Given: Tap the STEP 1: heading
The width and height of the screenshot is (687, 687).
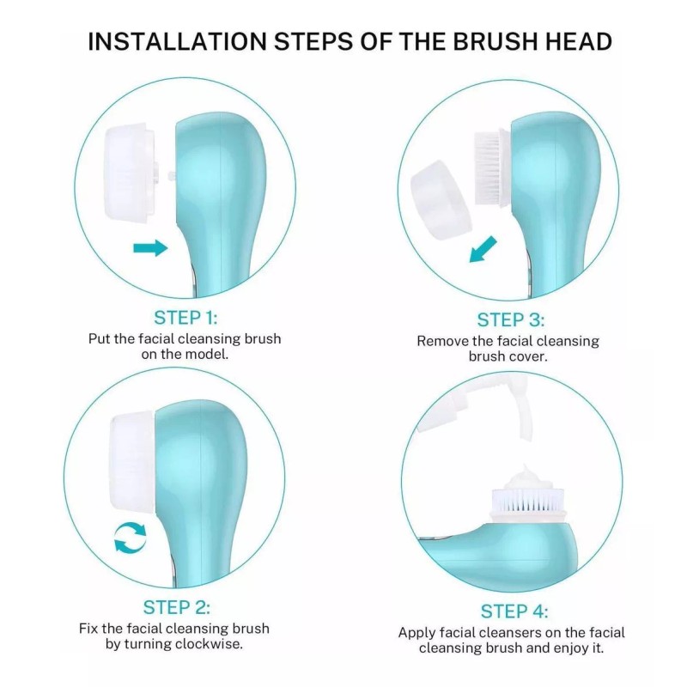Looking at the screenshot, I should (x=185, y=316).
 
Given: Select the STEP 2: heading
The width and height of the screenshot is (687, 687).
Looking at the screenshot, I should (x=176, y=607).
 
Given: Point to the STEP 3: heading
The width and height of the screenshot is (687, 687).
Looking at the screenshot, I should (x=511, y=319).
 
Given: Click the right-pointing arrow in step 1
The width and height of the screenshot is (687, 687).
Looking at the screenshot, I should (x=150, y=248).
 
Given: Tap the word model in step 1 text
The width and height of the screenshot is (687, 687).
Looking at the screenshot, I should (x=208, y=354).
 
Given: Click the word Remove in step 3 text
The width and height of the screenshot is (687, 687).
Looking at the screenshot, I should (x=441, y=340).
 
